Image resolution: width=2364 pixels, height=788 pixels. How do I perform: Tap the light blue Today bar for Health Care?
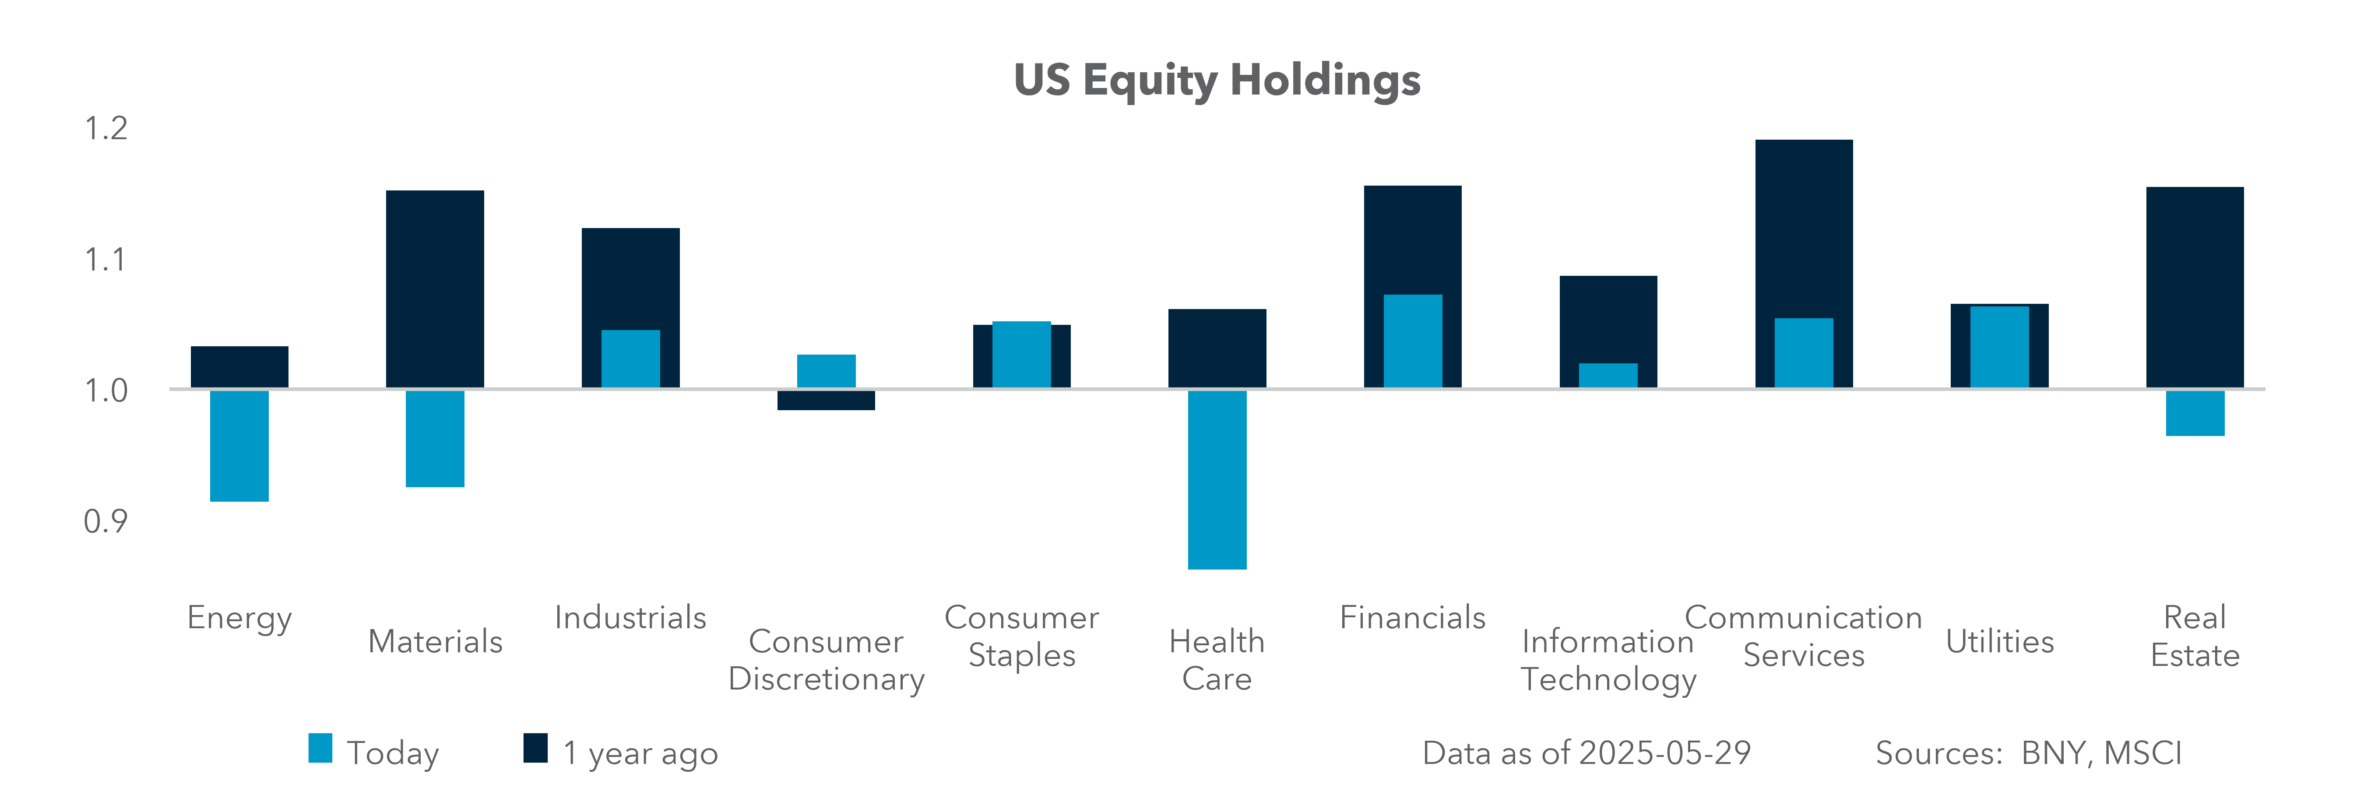1217,480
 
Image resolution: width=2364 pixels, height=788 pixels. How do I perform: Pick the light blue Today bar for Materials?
435,439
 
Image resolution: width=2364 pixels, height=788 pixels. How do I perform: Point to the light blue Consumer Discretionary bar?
826,371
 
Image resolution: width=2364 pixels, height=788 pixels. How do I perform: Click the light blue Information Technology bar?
1608,375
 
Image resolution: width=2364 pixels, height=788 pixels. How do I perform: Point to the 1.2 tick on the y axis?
106,128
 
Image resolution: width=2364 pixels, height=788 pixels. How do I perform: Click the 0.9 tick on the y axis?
106,522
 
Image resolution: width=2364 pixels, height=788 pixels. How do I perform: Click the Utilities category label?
2000,641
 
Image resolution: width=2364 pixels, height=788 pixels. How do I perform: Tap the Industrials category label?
630,617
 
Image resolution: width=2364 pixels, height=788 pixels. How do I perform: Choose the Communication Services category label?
1803,636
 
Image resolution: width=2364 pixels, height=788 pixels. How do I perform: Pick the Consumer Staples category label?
1021,636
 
